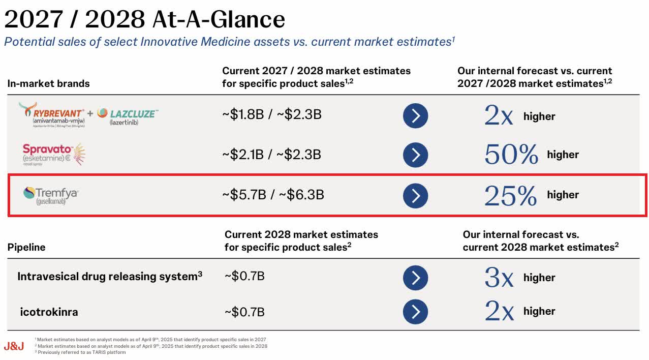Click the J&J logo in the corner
[x=14, y=346]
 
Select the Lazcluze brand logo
[x=128, y=115]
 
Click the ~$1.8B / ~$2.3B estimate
[x=271, y=115]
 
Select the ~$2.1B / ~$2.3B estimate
[x=271, y=155]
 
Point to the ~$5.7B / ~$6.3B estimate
[x=273, y=195]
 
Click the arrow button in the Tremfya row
[x=415, y=196]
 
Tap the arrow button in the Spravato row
[x=415, y=155]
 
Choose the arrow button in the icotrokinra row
[x=415, y=312]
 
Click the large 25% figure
[x=510, y=195]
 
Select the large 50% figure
[x=511, y=155]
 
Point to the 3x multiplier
[x=499, y=278]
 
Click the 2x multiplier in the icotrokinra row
[x=499, y=311]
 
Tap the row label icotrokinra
[x=49, y=312]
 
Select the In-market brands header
[x=48, y=84]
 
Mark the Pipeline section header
[x=26, y=248]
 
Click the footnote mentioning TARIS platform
[x=81, y=352]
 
